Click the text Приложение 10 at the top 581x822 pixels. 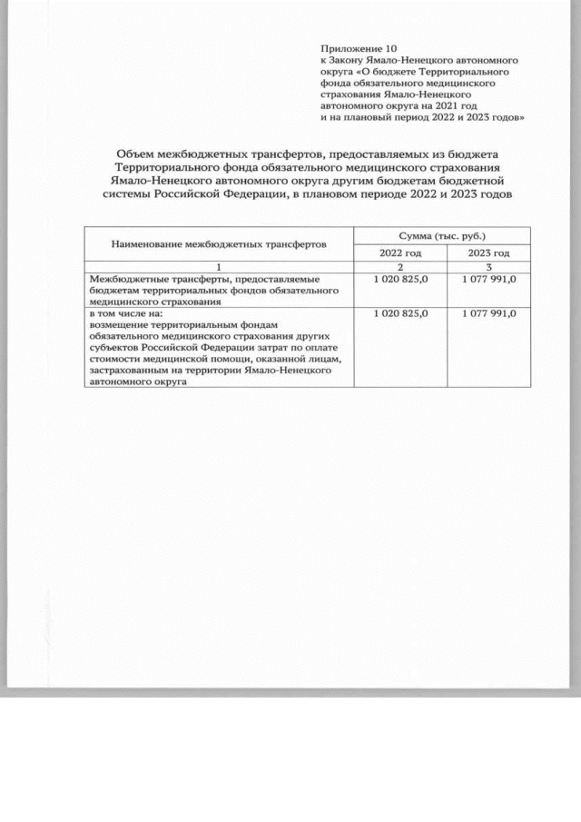[359, 46]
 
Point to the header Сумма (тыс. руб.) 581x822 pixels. [443, 234]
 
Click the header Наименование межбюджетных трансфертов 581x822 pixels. [219, 243]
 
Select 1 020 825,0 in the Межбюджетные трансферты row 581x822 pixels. [400, 280]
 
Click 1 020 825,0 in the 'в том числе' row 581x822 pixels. [400, 313]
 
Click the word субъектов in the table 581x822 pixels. [114, 347]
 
